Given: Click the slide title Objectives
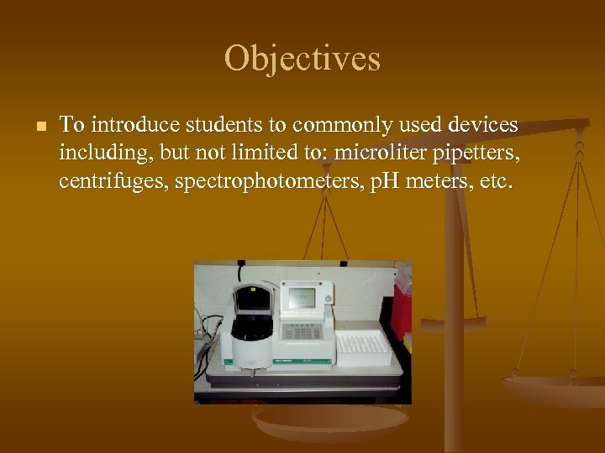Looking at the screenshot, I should click(302, 59).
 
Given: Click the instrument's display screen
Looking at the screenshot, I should click(302, 298).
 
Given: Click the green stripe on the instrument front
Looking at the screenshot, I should click(302, 361).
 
